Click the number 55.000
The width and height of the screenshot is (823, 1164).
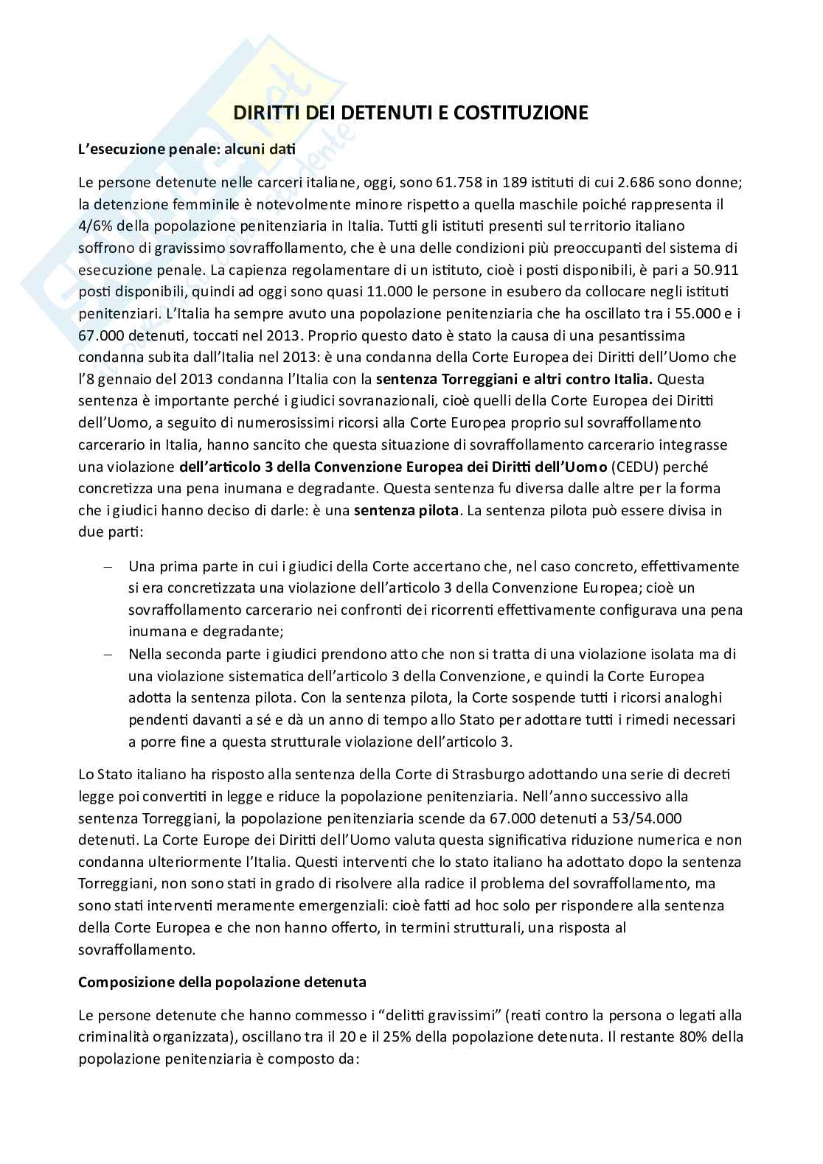pyautogui.click(x=696, y=313)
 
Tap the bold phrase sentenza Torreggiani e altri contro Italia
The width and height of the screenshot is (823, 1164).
pyautogui.click(x=514, y=380)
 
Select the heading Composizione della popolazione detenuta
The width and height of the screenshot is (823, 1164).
pyautogui.click(x=222, y=982)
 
